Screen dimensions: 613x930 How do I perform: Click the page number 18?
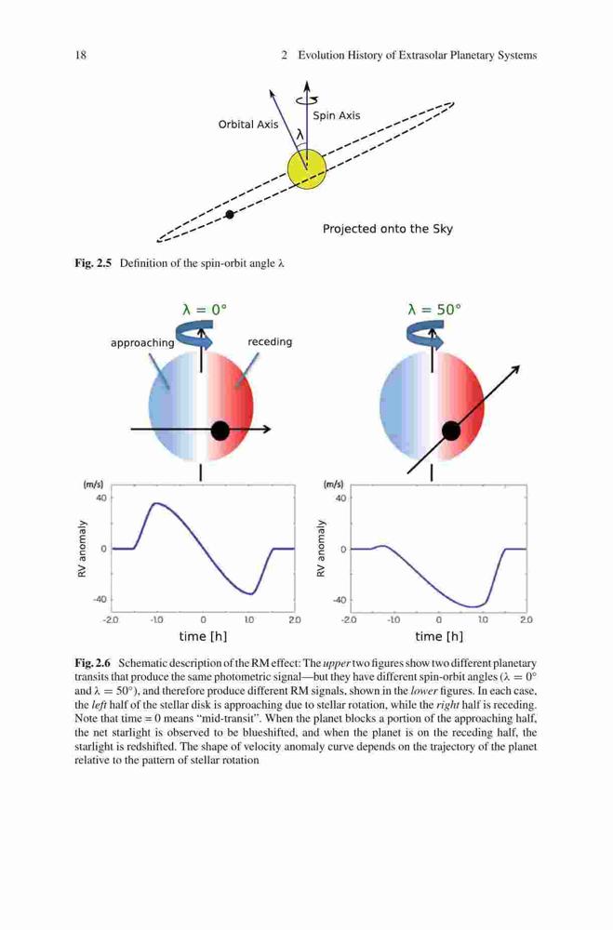[x=80, y=55]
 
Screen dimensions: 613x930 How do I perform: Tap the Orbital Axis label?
[x=248, y=125]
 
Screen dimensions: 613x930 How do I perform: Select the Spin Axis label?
[x=337, y=115]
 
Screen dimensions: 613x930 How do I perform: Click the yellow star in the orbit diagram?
[x=307, y=168]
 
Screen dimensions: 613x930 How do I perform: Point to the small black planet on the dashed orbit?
[x=231, y=214]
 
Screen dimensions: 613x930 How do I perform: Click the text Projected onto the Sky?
[x=388, y=229]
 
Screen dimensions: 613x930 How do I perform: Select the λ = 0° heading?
[x=204, y=310]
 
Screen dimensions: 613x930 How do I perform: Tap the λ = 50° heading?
[x=434, y=310]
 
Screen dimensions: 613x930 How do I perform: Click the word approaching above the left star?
[x=142, y=343]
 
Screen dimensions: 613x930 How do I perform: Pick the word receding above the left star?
[x=270, y=341]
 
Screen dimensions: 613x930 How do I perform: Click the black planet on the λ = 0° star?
[x=220, y=431]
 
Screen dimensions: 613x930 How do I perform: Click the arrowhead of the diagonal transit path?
[x=516, y=369]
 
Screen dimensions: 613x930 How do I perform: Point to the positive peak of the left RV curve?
[x=156, y=503]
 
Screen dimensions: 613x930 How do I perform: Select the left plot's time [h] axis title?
[x=203, y=636]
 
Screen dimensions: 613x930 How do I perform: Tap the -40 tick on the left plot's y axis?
[x=100, y=599]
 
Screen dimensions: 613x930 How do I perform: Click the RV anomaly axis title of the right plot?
[x=321, y=548]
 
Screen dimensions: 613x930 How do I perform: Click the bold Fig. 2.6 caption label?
[x=93, y=663]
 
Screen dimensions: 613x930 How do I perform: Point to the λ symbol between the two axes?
[x=300, y=135]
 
